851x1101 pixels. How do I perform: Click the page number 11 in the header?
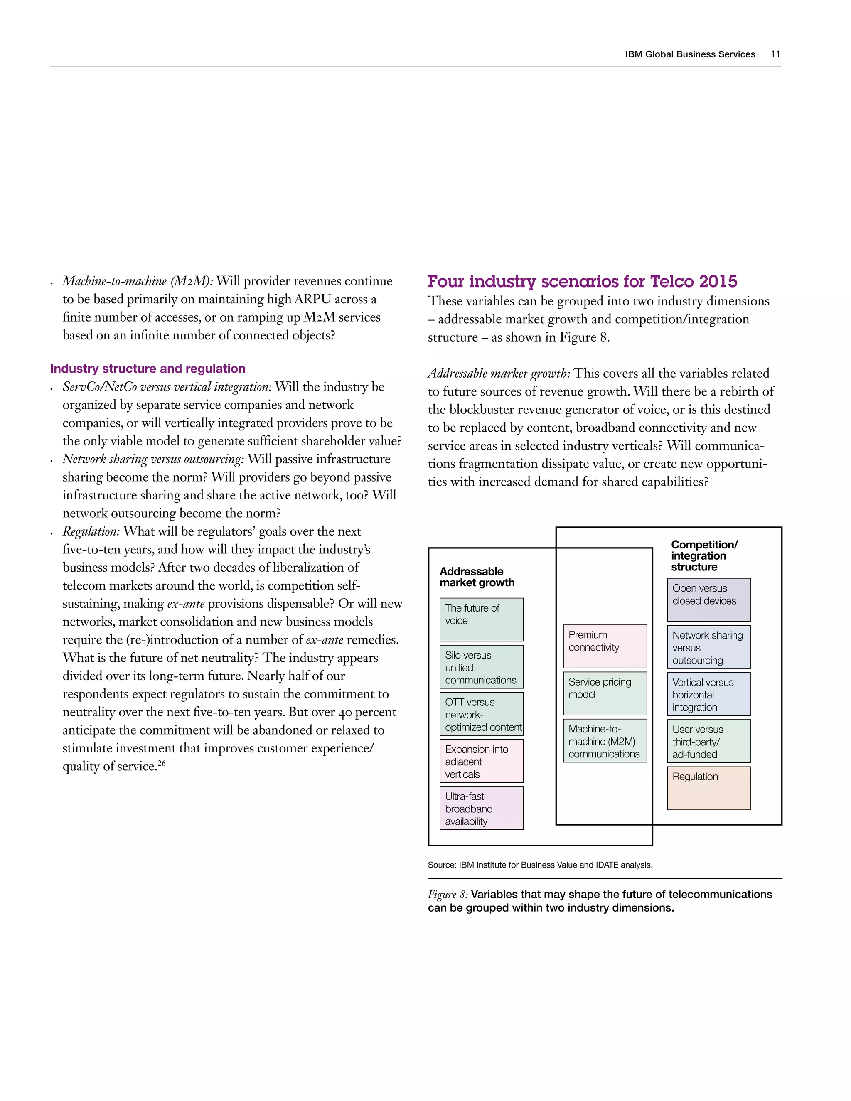click(x=775, y=54)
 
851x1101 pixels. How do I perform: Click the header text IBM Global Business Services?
click(x=690, y=54)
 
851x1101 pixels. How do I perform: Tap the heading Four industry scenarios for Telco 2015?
click(x=582, y=281)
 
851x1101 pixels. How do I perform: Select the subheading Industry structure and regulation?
click(x=148, y=369)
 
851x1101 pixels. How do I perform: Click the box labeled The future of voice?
click(x=482, y=619)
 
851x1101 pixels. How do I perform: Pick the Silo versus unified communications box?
click(x=482, y=667)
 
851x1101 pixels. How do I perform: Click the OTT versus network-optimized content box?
click(x=482, y=714)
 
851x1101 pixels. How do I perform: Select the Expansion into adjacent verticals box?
click(x=482, y=761)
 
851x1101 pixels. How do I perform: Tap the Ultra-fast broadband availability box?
click(x=482, y=808)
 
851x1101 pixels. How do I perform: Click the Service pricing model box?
click(x=605, y=693)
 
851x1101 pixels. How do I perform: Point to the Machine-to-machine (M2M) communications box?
click(x=605, y=740)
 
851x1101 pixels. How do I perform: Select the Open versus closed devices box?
click(x=708, y=600)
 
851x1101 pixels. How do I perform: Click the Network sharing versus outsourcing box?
click(x=708, y=647)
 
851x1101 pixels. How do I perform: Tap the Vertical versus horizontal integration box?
click(x=708, y=694)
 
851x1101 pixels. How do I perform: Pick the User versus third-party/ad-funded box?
click(x=708, y=741)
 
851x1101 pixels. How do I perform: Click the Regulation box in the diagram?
click(x=708, y=788)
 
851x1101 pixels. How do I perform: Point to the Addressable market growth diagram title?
click(x=477, y=577)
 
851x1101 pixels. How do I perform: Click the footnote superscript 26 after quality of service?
click(x=161, y=763)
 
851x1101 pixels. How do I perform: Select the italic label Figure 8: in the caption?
click(x=448, y=895)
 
